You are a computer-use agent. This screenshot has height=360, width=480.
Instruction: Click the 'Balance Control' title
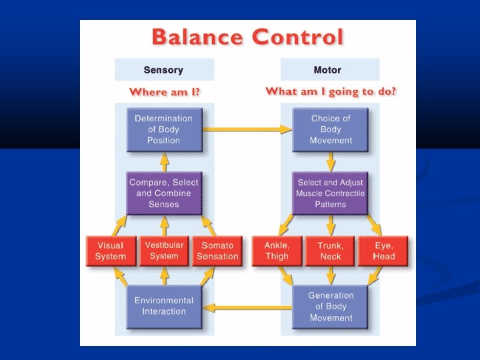[x=247, y=37]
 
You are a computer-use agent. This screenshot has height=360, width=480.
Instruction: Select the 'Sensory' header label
[x=163, y=70]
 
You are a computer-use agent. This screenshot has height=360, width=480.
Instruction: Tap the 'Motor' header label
[x=327, y=70]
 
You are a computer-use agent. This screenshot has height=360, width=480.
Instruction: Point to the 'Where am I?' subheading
[x=164, y=92]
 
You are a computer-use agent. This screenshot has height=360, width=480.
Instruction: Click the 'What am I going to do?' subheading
[x=331, y=91]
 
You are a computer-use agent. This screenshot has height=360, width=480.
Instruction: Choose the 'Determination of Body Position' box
[x=163, y=129]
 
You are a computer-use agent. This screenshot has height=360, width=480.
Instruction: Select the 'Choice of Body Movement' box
[x=331, y=129]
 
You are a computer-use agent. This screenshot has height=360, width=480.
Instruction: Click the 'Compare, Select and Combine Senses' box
[x=163, y=193]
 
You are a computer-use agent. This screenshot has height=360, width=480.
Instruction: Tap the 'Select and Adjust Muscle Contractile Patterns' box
[x=331, y=193]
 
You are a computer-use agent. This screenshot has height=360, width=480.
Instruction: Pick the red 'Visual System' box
[x=111, y=251]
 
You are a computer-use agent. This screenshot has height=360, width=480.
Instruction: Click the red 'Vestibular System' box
[x=164, y=251]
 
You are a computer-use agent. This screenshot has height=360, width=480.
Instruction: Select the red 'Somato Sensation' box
[x=217, y=251]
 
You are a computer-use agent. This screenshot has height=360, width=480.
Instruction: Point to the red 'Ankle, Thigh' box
[x=277, y=251]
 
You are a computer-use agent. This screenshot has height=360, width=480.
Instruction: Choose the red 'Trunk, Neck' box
[x=331, y=251]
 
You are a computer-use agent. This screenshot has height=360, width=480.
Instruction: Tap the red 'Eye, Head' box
[x=384, y=251]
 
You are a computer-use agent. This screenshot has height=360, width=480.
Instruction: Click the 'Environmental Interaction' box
[x=163, y=307]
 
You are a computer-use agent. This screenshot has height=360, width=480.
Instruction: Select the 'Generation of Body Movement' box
[x=331, y=307]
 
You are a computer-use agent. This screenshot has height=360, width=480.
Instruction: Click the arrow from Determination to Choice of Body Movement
[x=247, y=129]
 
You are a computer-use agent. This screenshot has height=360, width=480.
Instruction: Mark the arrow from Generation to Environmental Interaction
[x=247, y=307]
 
